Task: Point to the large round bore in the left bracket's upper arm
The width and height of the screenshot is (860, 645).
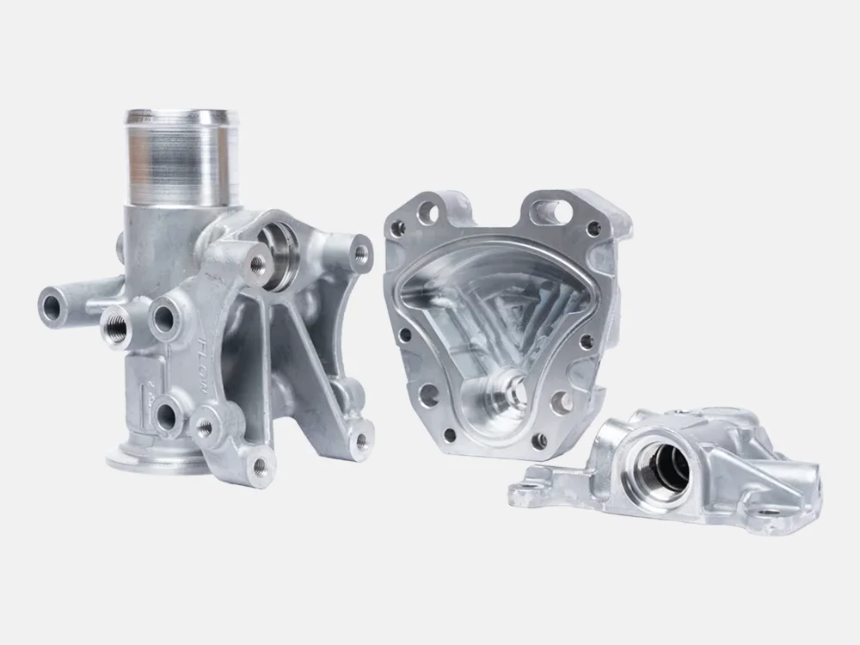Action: coord(273,259)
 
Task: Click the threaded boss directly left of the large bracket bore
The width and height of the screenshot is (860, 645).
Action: coord(256,265)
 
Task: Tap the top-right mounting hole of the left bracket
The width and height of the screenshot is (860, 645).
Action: coord(360,252)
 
